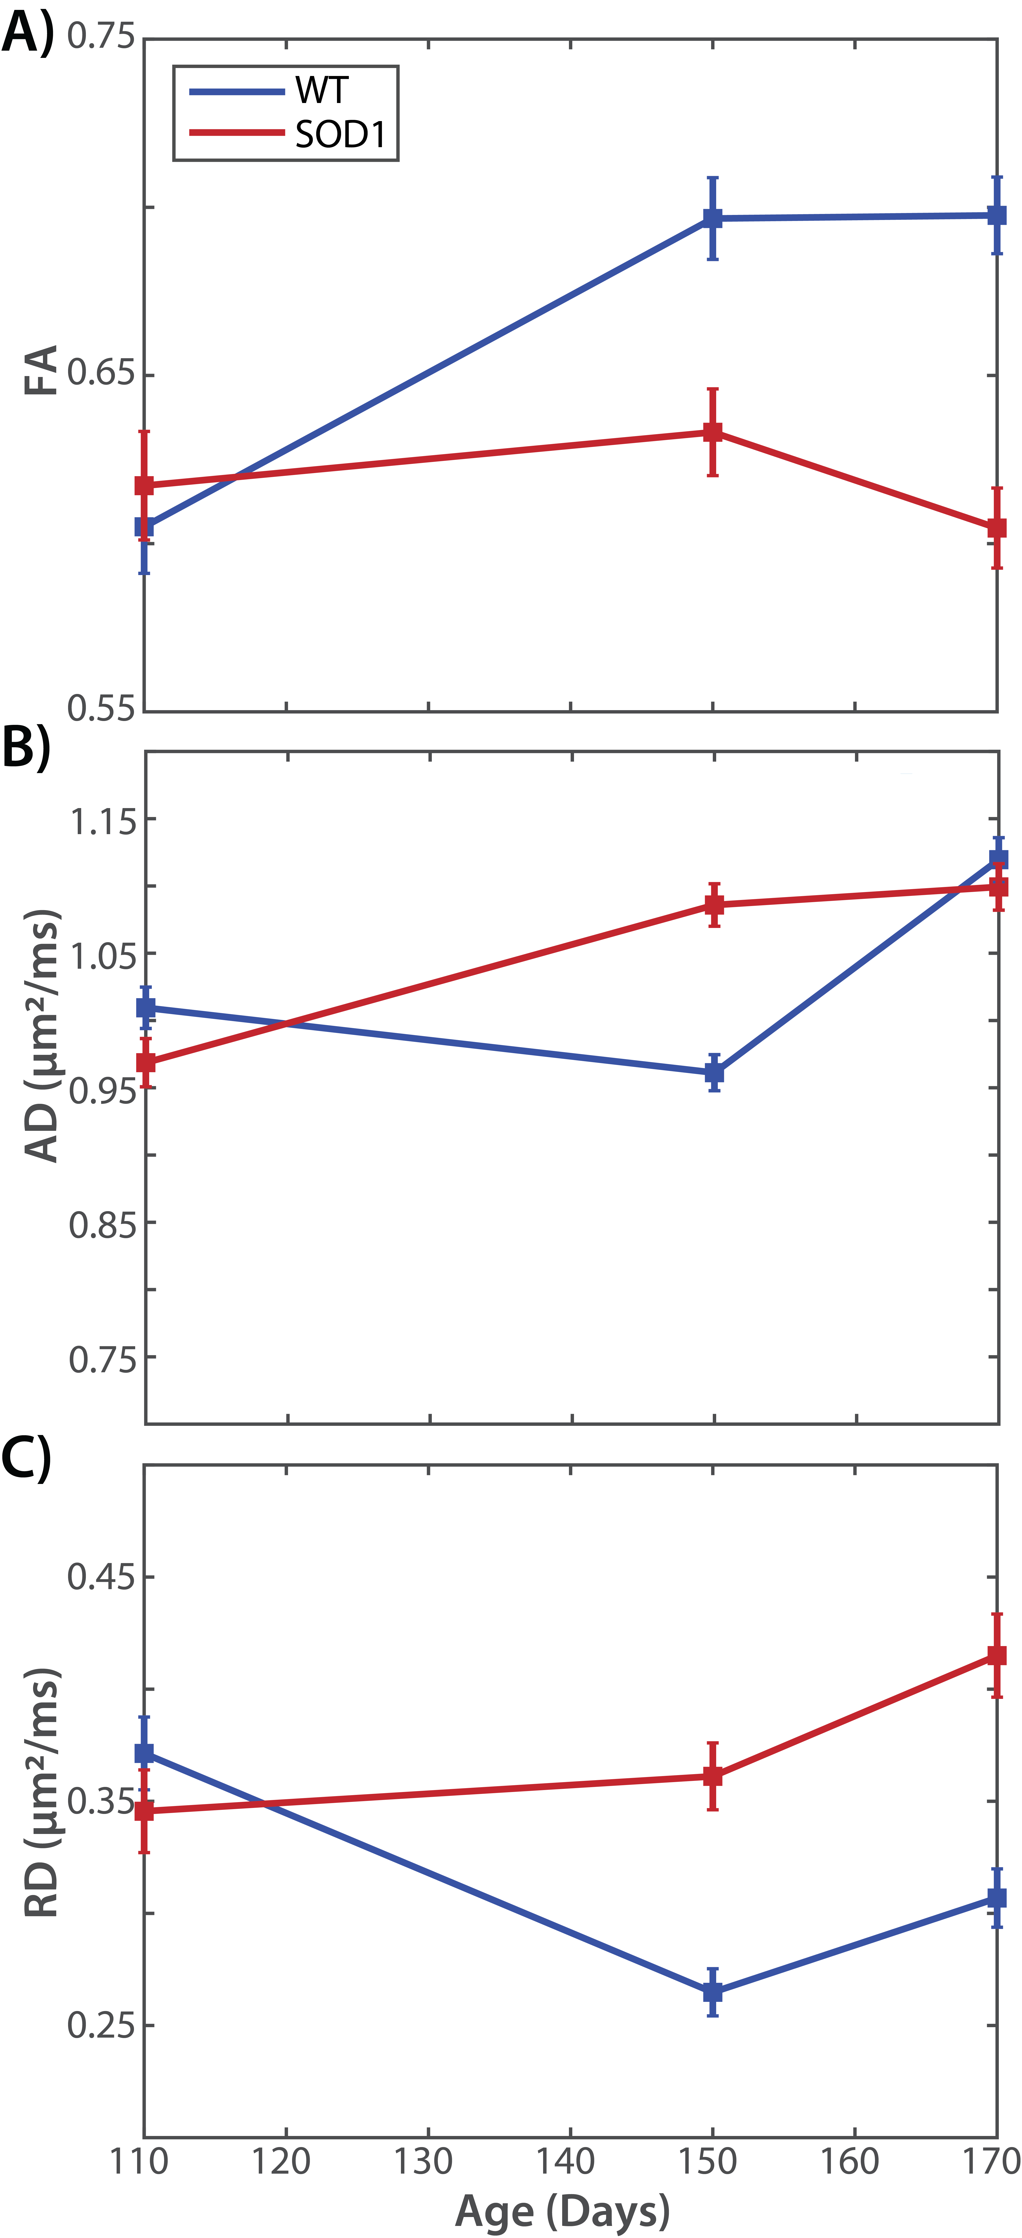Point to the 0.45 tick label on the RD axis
pyautogui.click(x=102, y=1577)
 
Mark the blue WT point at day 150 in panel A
pyautogui.click(x=713, y=218)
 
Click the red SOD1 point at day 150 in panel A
pyautogui.click(x=713, y=432)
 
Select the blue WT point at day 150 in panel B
pyautogui.click(x=714, y=1073)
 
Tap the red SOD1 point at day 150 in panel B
pyautogui.click(x=714, y=905)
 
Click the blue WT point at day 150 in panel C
pyautogui.click(x=713, y=1992)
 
